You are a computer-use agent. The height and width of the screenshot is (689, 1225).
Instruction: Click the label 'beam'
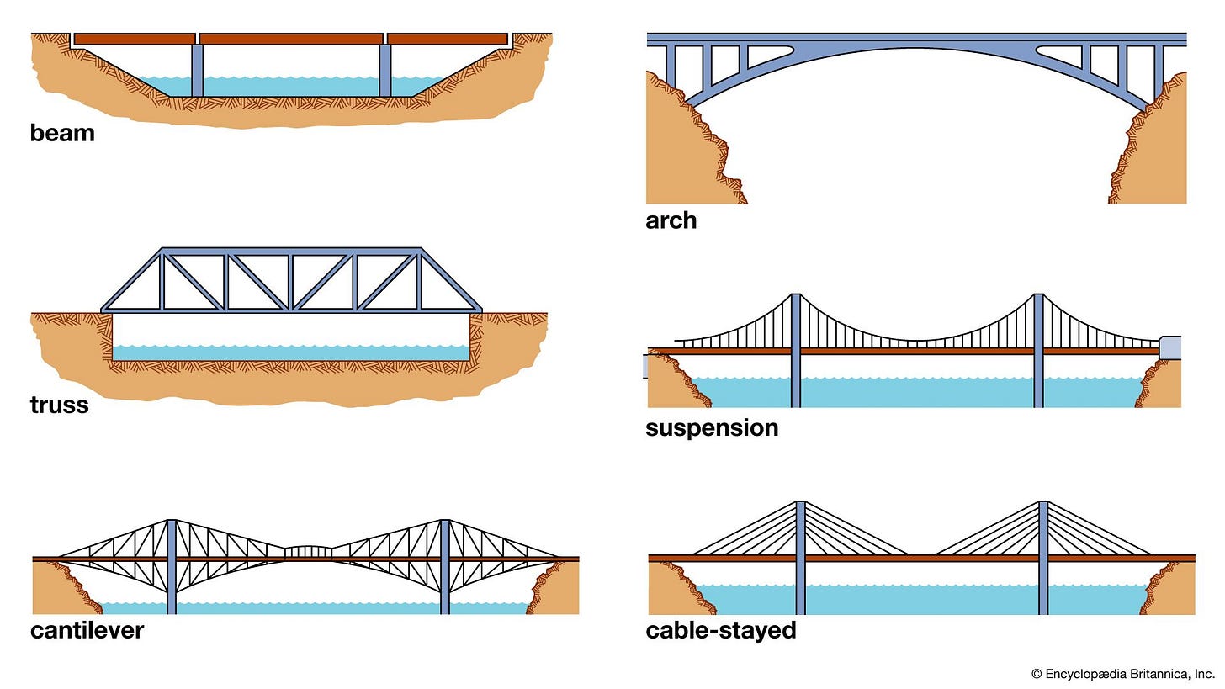point(62,133)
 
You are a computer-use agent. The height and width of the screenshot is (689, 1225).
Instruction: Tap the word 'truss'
point(59,405)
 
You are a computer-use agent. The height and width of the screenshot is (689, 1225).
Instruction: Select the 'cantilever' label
point(87,629)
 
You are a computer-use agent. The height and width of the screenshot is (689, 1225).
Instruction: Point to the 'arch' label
point(671,220)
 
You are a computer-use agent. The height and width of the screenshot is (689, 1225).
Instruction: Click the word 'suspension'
point(711,427)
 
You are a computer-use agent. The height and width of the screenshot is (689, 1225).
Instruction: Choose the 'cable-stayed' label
point(720,629)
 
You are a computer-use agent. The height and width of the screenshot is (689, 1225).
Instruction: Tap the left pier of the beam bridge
point(197,71)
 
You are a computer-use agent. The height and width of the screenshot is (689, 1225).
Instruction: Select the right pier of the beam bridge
point(385,71)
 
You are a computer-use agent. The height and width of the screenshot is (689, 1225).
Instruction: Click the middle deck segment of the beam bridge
point(291,39)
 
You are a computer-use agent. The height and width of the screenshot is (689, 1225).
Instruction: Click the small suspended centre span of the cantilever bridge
point(307,551)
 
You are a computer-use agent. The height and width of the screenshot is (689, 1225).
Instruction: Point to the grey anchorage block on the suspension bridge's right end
point(1169,347)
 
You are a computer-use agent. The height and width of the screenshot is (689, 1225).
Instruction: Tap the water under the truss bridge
point(291,352)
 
